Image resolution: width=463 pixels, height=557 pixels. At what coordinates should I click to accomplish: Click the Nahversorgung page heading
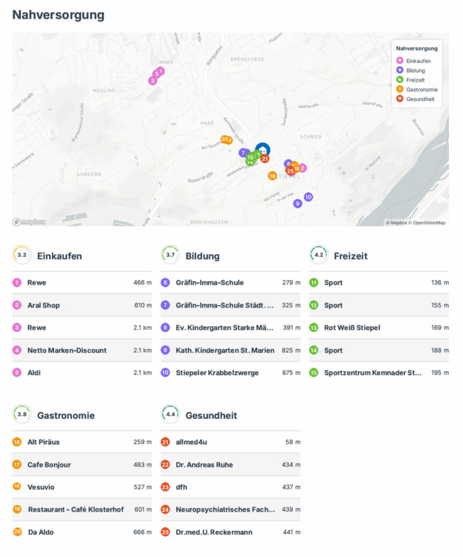pyautogui.click(x=58, y=15)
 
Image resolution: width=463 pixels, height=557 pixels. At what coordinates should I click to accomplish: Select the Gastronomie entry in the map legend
pyautogui.click(x=421, y=89)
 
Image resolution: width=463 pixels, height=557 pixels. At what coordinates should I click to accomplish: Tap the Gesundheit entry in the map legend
pyautogui.click(x=420, y=99)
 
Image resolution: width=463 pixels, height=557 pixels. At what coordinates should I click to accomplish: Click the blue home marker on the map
pyautogui.click(x=262, y=150)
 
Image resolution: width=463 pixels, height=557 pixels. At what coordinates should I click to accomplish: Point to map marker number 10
pyautogui.click(x=308, y=197)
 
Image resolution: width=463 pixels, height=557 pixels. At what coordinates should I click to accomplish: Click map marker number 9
pyautogui.click(x=297, y=203)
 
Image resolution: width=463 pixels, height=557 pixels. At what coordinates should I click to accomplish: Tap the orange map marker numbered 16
pyautogui.click(x=273, y=176)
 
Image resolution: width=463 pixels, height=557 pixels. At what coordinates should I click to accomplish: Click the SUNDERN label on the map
pyautogui.click(x=89, y=174)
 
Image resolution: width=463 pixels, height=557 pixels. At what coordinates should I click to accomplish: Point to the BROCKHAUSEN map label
pyautogui.click(x=208, y=222)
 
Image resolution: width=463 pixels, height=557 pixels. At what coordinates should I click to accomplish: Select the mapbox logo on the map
pyautogui.click(x=29, y=221)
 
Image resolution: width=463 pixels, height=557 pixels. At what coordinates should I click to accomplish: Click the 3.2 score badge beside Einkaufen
pyautogui.click(x=22, y=255)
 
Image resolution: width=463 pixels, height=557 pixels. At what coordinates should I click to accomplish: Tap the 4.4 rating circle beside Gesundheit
pyautogui.click(x=170, y=414)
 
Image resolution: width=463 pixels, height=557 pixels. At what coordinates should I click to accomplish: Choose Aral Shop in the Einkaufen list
pyautogui.click(x=43, y=305)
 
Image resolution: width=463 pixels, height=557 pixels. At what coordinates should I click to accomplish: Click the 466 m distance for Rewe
pyautogui.click(x=143, y=283)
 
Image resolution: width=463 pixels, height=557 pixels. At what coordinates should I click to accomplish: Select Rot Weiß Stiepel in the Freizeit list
pyautogui.click(x=352, y=328)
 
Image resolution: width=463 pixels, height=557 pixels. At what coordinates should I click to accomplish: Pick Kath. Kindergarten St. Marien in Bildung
pyautogui.click(x=224, y=351)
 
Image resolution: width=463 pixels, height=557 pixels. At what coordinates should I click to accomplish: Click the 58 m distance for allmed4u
pyautogui.click(x=293, y=443)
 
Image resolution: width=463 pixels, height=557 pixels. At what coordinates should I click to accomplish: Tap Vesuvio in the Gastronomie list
pyautogui.click(x=41, y=487)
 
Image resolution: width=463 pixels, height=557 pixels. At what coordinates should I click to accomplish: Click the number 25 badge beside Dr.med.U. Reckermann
pyautogui.click(x=165, y=532)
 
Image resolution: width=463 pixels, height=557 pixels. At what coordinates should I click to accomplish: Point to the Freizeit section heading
pyautogui.click(x=351, y=256)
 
